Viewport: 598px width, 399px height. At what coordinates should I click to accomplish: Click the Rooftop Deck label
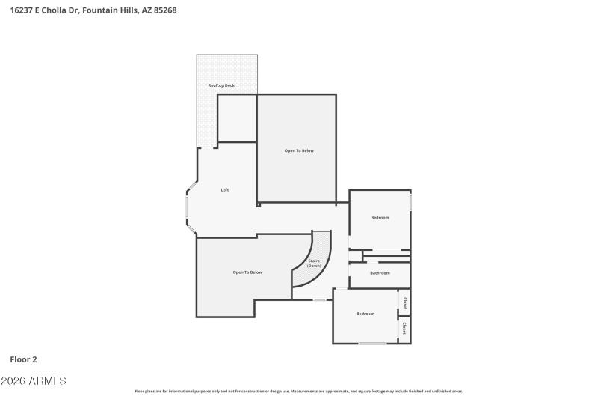[221, 86]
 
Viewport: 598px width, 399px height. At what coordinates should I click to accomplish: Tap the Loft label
[224, 190]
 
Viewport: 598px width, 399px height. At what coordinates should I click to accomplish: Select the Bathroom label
[379, 273]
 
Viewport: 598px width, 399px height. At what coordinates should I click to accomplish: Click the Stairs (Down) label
[314, 264]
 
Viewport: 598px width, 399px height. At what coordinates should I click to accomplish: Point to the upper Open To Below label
[299, 150]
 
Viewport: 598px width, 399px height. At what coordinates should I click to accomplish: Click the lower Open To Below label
[247, 272]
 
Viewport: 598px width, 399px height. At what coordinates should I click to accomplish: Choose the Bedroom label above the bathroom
[380, 218]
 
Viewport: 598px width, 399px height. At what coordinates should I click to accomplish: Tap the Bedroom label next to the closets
[365, 314]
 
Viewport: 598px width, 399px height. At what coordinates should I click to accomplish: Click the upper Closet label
[404, 303]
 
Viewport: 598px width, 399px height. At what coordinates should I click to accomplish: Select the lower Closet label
[404, 328]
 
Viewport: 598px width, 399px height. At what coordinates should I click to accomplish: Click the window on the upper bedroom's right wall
[410, 202]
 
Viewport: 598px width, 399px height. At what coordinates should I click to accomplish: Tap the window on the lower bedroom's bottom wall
[372, 343]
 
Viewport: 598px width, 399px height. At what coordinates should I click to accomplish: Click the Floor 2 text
[23, 359]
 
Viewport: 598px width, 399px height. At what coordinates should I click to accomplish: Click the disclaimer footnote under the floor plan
[299, 391]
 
